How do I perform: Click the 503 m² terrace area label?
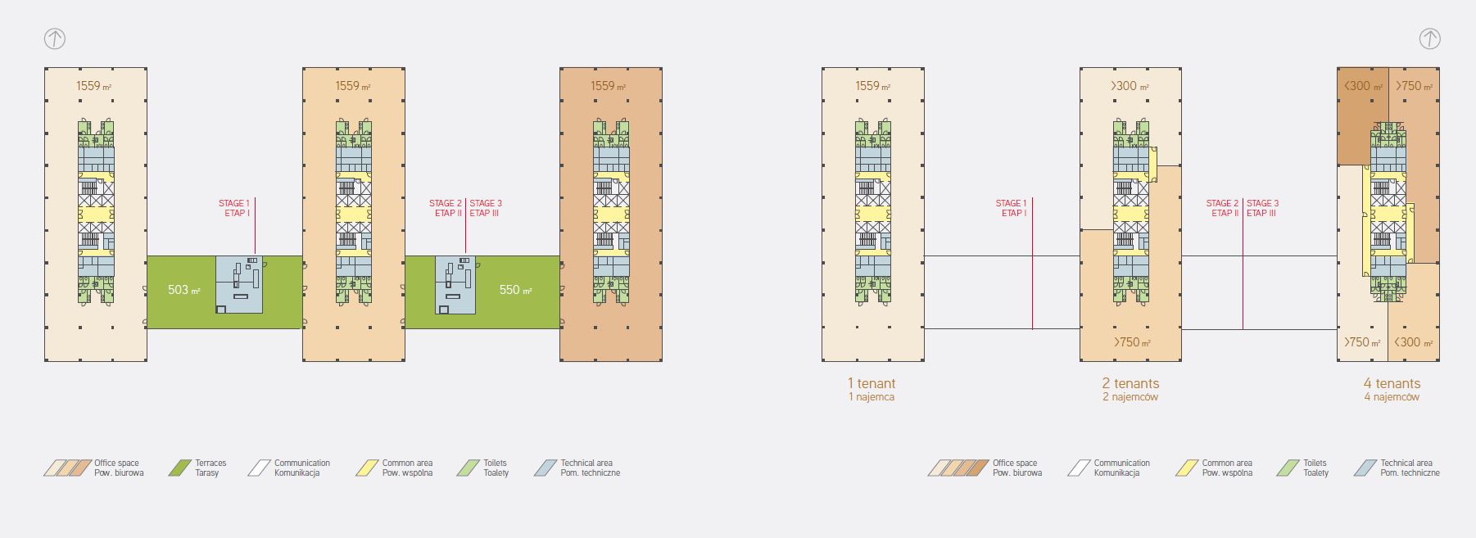coord(183,290)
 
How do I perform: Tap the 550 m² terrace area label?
coord(515,290)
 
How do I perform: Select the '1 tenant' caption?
coord(872,383)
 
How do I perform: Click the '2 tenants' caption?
coord(1130,383)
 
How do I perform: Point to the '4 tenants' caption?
coord(1392,383)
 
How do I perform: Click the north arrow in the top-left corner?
coord(54,38)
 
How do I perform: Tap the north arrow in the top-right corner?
coord(1429,38)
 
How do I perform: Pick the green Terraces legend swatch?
coord(179,468)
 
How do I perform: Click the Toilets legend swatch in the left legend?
coord(468,468)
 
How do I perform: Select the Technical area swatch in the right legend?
coord(1365,468)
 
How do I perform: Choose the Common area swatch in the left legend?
coord(366,468)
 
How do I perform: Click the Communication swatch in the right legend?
coord(1079,468)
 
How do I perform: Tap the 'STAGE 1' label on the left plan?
coord(233,203)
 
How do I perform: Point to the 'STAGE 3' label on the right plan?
coord(1262,203)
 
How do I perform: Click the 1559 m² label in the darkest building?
coord(608,86)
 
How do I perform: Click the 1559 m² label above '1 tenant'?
coord(872,86)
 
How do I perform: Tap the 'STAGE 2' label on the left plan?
coord(446,203)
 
